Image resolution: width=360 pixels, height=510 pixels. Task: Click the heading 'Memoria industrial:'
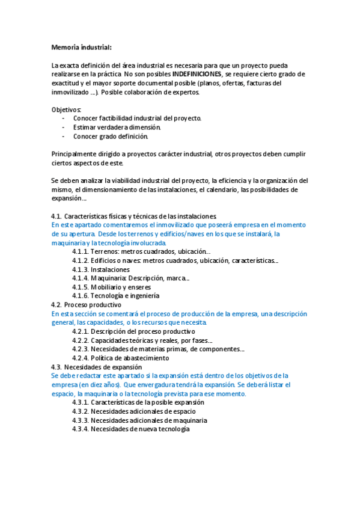coord(81,47)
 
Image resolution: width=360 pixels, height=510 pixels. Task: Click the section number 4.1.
coord(56,215)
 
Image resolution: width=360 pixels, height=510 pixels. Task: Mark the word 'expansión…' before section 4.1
coord(69,198)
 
